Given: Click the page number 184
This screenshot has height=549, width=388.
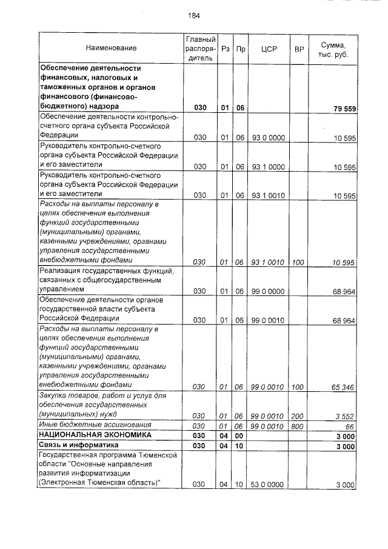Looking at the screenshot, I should tap(194, 16).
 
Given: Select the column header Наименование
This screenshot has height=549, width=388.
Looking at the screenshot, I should tap(111, 48).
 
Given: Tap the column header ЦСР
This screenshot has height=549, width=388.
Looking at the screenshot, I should tap(268, 48).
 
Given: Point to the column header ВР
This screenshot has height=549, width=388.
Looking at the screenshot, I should tap(298, 48).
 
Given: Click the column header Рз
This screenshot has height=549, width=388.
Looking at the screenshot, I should tap(225, 48).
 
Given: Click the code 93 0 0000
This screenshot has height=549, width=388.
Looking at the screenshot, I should tap(268, 138).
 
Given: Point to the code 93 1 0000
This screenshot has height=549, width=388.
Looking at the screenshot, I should tap(268, 167).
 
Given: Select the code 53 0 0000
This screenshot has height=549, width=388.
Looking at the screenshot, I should tap(268, 485).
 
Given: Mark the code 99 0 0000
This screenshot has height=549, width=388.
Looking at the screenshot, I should tap(268, 291).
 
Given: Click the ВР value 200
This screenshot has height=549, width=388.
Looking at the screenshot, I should tap(297, 416).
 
